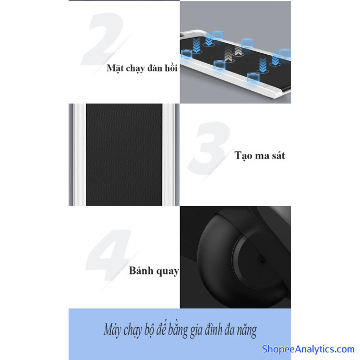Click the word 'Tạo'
pos(243,155)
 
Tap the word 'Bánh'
pos(141,270)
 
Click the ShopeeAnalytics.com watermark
pos(308,349)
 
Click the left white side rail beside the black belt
pos(80,155)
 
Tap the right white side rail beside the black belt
pos(169,155)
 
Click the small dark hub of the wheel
pos(261,260)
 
